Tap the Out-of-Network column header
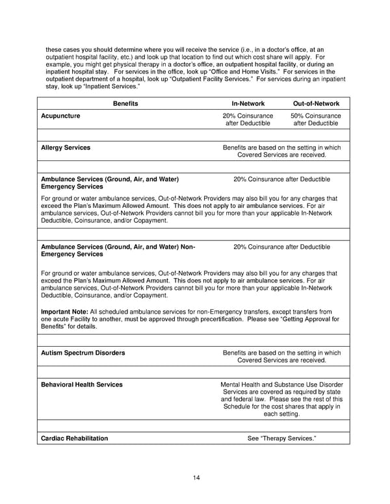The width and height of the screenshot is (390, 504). point(316,103)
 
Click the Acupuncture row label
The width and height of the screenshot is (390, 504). point(61,116)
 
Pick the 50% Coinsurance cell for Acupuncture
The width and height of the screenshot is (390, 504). point(316,120)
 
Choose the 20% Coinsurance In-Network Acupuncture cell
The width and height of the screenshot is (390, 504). point(248,120)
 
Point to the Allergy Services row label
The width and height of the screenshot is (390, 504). point(66,148)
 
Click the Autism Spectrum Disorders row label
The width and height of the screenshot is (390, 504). point(83,353)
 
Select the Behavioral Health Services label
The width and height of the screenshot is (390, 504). point(82,384)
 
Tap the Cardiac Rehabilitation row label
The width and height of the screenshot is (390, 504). point(75,438)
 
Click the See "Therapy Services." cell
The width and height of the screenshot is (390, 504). point(281,438)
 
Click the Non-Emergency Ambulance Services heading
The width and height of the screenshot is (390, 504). point(118,251)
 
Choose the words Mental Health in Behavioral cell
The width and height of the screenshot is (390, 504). point(242,384)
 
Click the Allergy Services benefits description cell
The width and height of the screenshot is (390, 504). point(281,151)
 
